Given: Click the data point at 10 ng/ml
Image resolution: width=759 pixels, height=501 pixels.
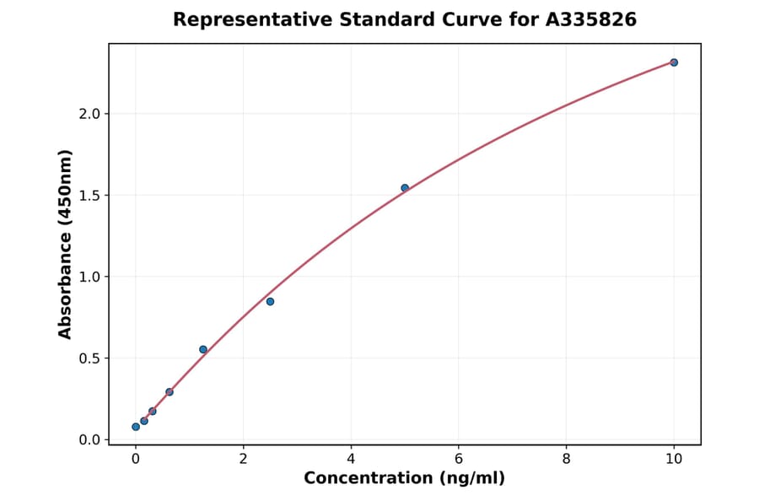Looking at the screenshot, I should [x=674, y=62].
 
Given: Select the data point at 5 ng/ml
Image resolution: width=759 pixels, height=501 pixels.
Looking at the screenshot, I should [x=405, y=188].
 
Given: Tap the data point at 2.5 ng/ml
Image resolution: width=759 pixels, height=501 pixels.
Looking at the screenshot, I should [x=270, y=301].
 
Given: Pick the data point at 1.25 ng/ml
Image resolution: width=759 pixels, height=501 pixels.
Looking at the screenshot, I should [x=203, y=349].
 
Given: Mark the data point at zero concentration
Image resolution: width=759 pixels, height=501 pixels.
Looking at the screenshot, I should [x=136, y=427].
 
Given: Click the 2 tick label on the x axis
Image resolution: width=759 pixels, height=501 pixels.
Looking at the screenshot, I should [x=244, y=459].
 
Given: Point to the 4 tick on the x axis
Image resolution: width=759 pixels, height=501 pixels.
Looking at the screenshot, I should [x=351, y=459].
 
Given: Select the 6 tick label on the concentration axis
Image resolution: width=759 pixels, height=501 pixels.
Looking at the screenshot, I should [x=459, y=459].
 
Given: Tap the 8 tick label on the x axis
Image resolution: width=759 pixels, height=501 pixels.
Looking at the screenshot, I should [x=566, y=459].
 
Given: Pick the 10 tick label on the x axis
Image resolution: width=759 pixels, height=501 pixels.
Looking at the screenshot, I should [x=674, y=459].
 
